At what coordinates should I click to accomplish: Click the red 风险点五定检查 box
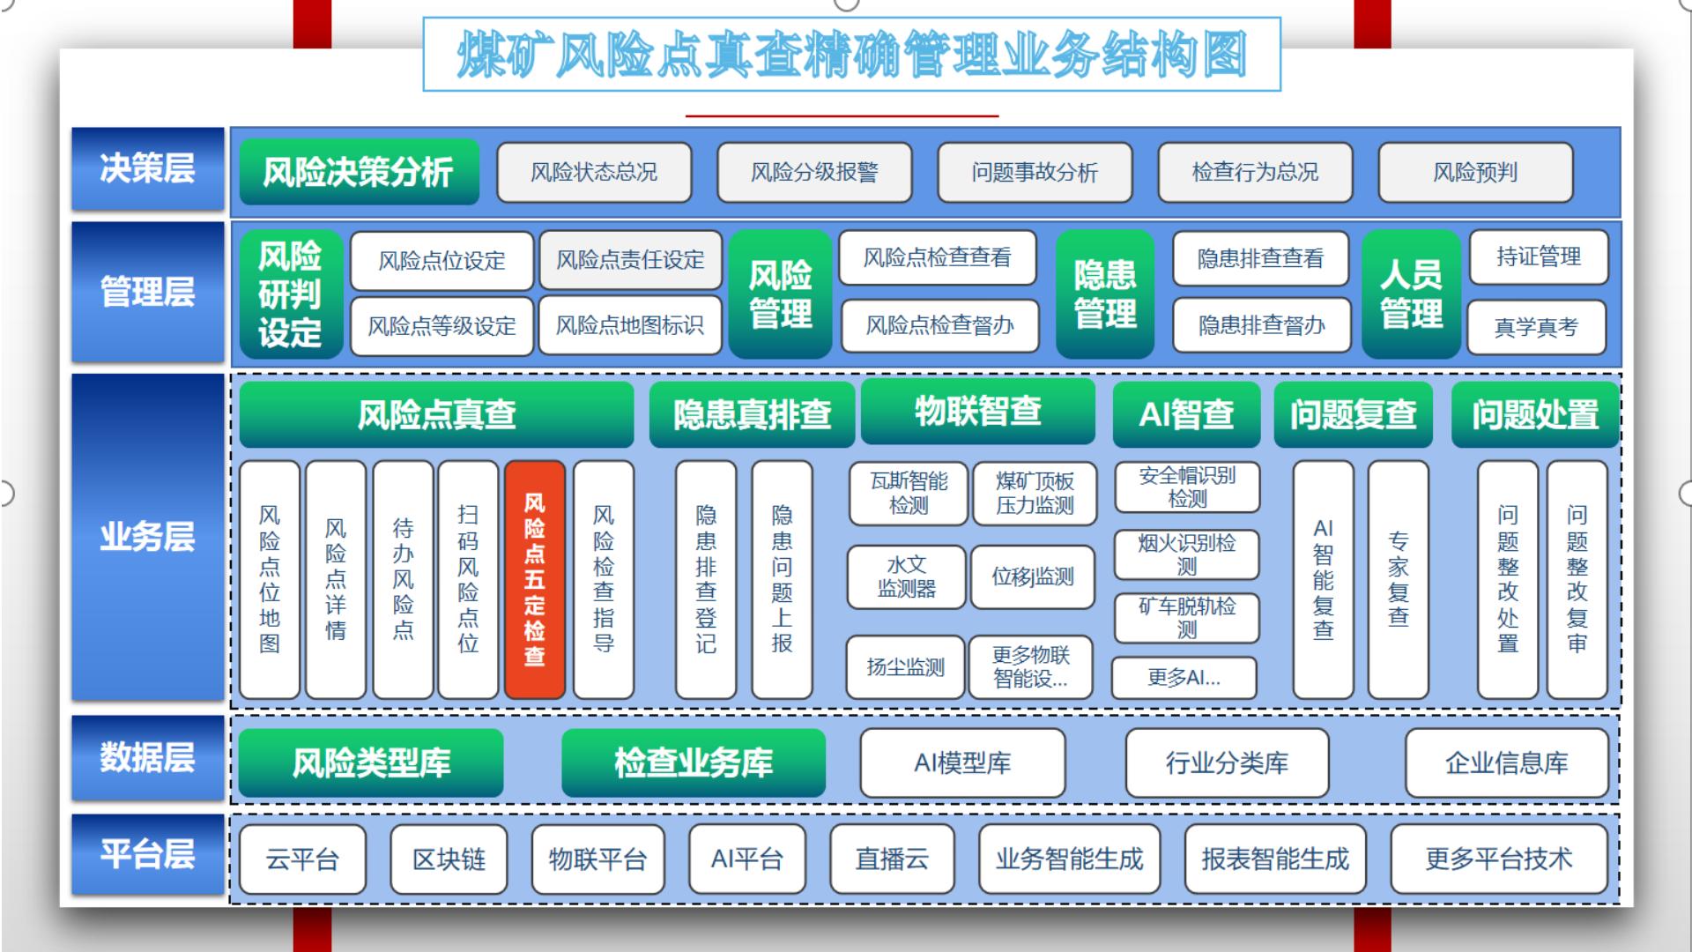[535, 579]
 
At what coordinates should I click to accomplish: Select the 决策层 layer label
[147, 168]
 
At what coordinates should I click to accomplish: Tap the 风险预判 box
[1475, 172]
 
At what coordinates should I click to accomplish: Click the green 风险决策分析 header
[359, 172]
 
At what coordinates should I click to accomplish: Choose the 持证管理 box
[1538, 257]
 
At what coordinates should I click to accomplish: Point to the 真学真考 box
[1536, 327]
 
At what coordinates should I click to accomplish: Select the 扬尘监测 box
[905, 667]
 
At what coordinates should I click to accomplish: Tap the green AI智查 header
[1186, 414]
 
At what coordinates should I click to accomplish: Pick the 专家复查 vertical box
[1399, 579]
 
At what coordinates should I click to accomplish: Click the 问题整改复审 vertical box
[1577, 579]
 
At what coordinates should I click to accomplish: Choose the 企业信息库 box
[1507, 762]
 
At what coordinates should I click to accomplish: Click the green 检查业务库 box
[694, 762]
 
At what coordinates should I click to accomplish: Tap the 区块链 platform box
[449, 859]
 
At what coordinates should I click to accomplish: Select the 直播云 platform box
[892, 859]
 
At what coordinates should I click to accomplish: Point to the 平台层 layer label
[147, 854]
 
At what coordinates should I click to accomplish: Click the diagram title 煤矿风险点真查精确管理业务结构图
[851, 55]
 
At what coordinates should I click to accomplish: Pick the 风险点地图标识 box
[630, 326]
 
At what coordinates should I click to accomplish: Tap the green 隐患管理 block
[1105, 294]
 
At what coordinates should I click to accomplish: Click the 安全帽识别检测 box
[1187, 487]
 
